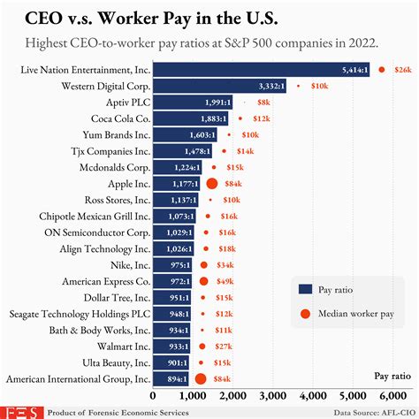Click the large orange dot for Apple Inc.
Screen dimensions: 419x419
(212, 184)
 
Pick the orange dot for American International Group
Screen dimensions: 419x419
(201, 379)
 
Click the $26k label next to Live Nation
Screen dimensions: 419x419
(402, 69)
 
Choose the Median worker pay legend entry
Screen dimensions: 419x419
(345, 313)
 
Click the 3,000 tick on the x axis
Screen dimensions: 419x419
(274, 395)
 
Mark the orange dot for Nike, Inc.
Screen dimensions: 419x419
(204, 265)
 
